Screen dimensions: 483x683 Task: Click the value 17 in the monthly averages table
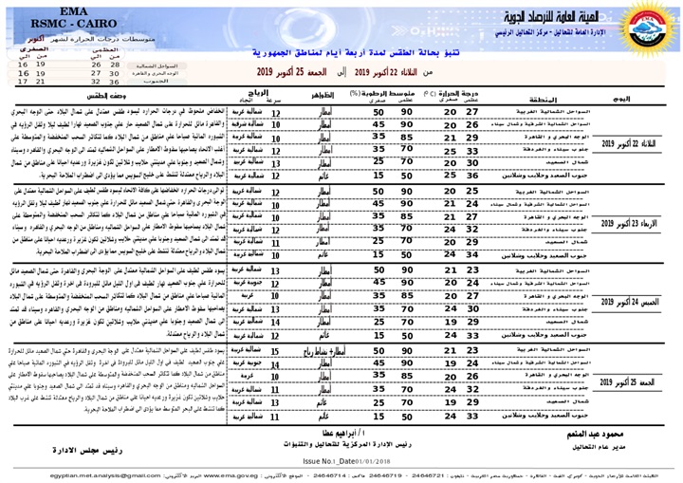pyautogui.click(x=20, y=83)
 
